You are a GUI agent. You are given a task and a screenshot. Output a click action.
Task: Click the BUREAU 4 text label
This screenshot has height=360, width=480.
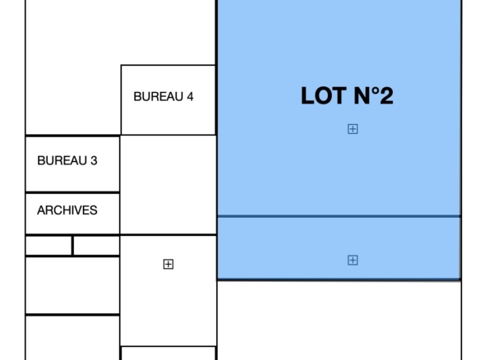(x=164, y=97)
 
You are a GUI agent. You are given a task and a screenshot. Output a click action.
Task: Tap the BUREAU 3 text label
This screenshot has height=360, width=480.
(x=67, y=161)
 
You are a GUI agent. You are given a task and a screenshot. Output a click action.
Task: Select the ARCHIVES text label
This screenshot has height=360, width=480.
(x=67, y=210)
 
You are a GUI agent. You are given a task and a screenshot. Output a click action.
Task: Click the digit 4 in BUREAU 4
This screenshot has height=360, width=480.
(x=190, y=97)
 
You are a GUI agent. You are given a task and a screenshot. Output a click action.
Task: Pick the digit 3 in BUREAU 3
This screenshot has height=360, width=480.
(x=94, y=161)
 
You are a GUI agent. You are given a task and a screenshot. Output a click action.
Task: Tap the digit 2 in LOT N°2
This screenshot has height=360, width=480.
(x=386, y=96)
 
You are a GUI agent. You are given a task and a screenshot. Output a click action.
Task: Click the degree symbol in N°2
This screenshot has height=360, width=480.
(x=375, y=91)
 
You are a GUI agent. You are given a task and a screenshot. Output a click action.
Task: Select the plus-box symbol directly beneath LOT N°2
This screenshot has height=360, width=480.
(x=353, y=129)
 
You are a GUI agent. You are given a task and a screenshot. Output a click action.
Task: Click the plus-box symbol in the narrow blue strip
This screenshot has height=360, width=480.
(x=353, y=261)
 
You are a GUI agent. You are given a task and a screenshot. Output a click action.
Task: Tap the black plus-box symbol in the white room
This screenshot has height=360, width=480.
(x=168, y=264)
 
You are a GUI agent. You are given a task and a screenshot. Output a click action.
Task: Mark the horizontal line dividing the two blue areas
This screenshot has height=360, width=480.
(x=339, y=216)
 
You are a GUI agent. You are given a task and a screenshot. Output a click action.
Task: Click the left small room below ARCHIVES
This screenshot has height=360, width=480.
(x=49, y=245)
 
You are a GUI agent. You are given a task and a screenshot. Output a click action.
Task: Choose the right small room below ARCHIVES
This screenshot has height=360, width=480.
(x=96, y=245)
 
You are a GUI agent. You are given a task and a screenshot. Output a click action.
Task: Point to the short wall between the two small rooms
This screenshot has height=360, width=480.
(x=73, y=245)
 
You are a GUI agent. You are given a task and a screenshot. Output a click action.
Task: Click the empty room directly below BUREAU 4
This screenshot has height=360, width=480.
(x=168, y=185)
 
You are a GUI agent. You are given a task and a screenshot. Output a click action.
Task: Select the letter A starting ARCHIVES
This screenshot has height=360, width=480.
(x=41, y=210)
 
